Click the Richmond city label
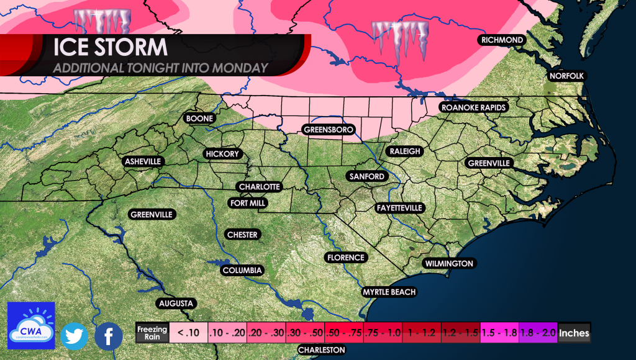502,40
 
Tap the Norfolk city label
567,76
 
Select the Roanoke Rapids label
474,107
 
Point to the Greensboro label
329,130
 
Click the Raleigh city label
405,151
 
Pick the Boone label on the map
199,119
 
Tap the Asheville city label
143,161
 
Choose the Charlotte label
260,187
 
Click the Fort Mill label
248,203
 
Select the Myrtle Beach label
389,292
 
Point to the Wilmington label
449,264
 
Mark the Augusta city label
177,304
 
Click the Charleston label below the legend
321,350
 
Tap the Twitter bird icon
74,336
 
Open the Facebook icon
109,336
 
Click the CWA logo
31,325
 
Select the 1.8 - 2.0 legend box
538,333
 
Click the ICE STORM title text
111,48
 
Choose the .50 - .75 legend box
344,333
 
